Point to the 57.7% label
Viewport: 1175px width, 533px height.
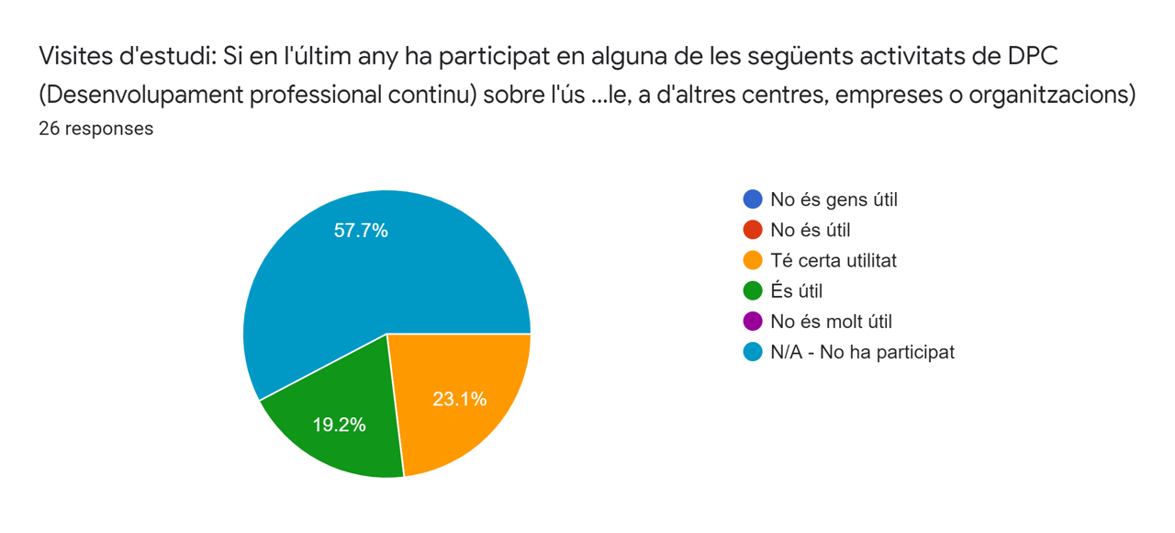pyautogui.click(x=361, y=231)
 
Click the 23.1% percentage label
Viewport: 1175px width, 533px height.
pyautogui.click(x=459, y=400)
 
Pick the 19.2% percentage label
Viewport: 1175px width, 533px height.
pyautogui.click(x=338, y=425)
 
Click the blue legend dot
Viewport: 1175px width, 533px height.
pyautogui.click(x=753, y=199)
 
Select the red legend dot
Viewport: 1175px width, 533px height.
pyautogui.click(x=753, y=230)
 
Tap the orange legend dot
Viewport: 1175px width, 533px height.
pyautogui.click(x=753, y=260)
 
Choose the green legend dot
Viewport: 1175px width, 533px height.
pyautogui.click(x=753, y=291)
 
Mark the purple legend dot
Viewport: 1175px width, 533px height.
pyautogui.click(x=753, y=322)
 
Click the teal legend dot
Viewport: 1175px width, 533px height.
pyautogui.click(x=753, y=352)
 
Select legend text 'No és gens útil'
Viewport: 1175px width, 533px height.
pyautogui.click(x=834, y=199)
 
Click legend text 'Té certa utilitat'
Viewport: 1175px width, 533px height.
pyautogui.click(x=834, y=260)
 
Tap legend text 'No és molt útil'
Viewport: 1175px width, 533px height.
pyautogui.click(x=831, y=322)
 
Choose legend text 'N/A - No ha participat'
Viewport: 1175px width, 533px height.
pyautogui.click(x=862, y=352)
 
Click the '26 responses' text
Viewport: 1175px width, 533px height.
pyautogui.click(x=95, y=129)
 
